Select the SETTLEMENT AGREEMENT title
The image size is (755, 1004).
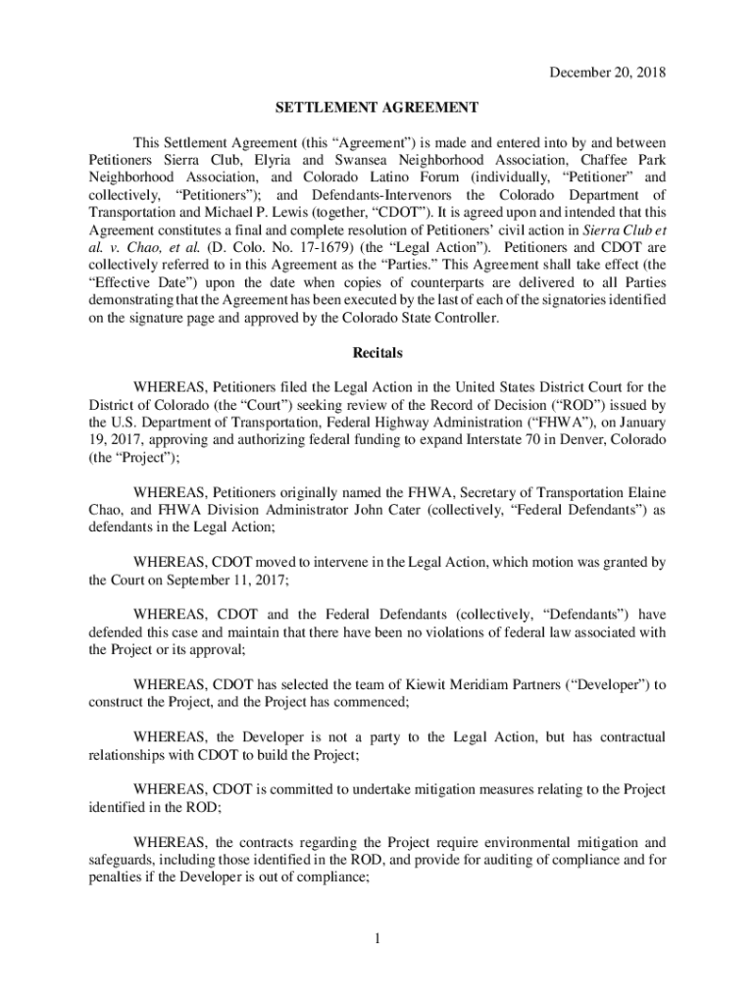coord(377,107)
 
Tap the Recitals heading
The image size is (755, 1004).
coord(377,352)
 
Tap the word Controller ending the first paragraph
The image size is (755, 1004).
coord(464,319)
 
